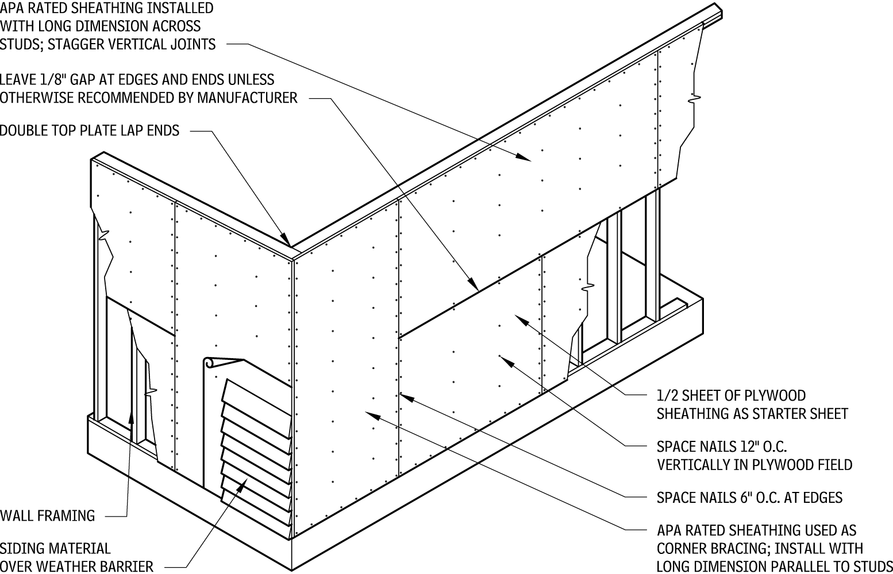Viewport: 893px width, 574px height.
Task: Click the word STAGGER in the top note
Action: tap(75, 44)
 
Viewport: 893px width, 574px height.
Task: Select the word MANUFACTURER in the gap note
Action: tap(247, 98)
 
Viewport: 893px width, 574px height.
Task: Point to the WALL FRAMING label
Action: tap(48, 515)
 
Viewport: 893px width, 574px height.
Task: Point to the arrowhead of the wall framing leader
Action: tap(132, 416)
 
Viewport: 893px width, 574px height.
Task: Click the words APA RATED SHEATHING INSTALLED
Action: tap(106, 9)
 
